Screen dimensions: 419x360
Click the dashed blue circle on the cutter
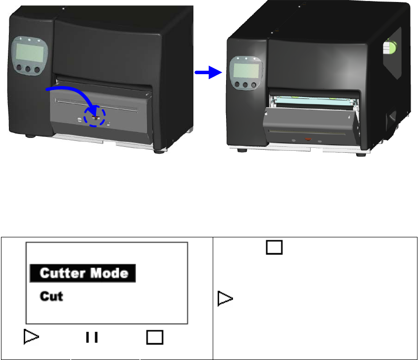point(94,117)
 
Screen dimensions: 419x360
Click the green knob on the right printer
point(390,48)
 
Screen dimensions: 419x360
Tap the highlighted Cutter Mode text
point(83,273)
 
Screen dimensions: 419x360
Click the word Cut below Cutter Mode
point(51,297)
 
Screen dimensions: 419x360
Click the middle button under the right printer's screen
point(245,85)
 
